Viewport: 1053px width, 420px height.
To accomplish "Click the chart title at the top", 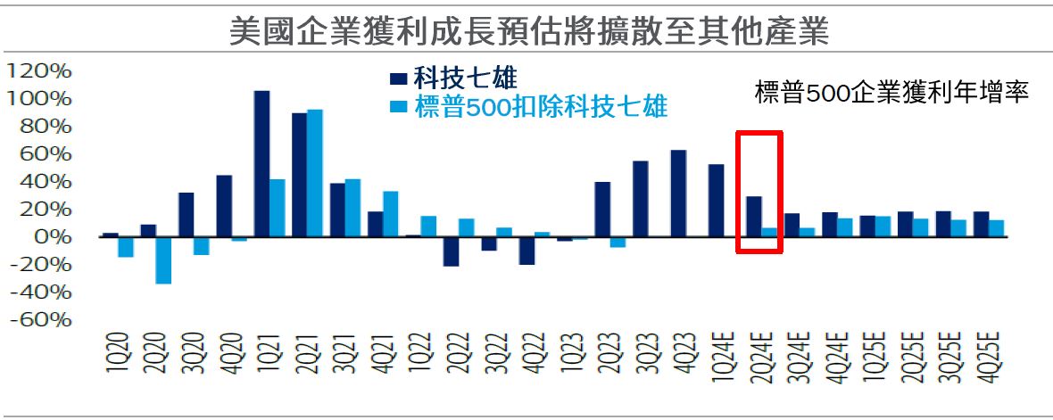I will tap(529, 32).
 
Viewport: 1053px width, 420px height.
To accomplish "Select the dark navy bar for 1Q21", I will tap(261, 163).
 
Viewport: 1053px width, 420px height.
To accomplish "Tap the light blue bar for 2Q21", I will tap(314, 173).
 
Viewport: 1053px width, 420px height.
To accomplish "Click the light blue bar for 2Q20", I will tap(162, 259).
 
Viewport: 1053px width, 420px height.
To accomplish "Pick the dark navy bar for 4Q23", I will tap(678, 193).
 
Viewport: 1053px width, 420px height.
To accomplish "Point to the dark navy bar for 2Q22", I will tap(451, 251).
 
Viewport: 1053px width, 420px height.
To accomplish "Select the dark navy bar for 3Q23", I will tap(640, 199).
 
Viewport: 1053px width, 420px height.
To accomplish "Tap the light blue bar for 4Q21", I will tap(390, 214).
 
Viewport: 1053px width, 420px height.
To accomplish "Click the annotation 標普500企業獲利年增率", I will tap(892, 92).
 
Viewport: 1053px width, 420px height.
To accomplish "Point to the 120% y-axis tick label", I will tap(37, 70).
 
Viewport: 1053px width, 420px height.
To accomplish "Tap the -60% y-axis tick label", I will tap(37, 319).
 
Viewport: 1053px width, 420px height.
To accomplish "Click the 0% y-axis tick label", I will tap(49, 236).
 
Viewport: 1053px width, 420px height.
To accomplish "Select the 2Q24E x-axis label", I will tap(759, 357).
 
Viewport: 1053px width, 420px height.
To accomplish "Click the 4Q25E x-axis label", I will tap(987, 357).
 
